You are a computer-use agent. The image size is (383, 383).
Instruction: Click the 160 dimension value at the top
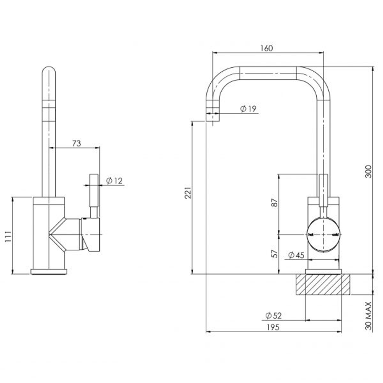(x=266, y=48)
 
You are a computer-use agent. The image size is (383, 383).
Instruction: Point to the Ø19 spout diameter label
(x=248, y=109)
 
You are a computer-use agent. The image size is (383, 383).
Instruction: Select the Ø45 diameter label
(x=296, y=255)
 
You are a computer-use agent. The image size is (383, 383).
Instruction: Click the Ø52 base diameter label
(x=273, y=315)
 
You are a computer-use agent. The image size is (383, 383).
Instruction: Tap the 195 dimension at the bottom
(x=273, y=327)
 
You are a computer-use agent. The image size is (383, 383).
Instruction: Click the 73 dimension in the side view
(x=76, y=143)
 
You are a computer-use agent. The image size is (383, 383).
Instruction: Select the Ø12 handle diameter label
(x=114, y=181)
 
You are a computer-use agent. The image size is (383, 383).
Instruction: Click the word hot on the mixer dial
(x=311, y=235)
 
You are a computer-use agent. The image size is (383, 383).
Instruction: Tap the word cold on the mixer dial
(x=335, y=235)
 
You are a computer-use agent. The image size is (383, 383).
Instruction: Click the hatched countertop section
(x=323, y=284)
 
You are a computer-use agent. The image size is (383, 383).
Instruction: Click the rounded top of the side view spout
(x=49, y=71)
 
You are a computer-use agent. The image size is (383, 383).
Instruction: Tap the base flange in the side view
(x=49, y=272)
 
